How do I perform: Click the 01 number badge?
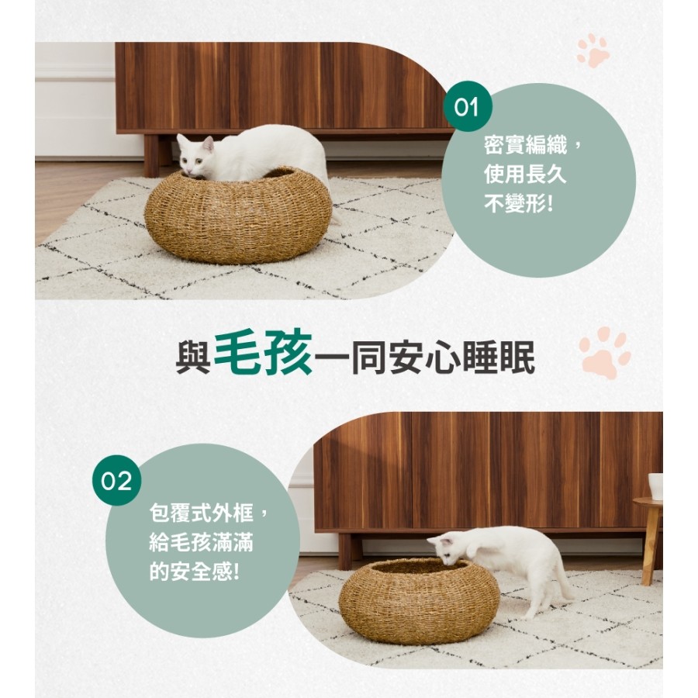click(x=467, y=107)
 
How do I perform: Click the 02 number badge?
click(x=116, y=480)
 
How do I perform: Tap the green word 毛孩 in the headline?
click(x=264, y=354)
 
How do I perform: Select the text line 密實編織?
click(x=525, y=146)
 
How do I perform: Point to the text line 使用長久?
click(x=525, y=174)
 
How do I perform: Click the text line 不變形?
click(x=519, y=203)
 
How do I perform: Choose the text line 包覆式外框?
click(x=201, y=513)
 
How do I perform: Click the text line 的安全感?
click(x=195, y=570)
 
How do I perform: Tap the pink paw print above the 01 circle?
click(x=593, y=50)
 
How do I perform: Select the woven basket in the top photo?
click(x=238, y=215)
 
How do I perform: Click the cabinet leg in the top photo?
click(x=151, y=155)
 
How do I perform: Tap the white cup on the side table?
click(x=655, y=486)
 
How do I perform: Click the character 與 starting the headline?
click(x=194, y=358)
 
